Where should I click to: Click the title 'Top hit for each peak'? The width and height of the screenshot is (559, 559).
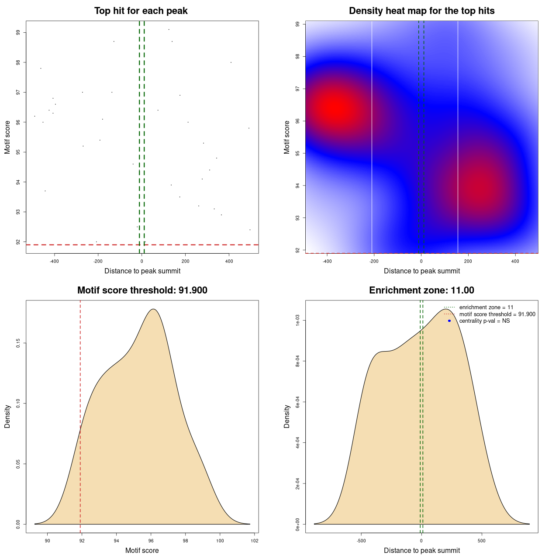click(141, 11)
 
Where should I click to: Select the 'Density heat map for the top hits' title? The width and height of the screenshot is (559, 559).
click(421, 11)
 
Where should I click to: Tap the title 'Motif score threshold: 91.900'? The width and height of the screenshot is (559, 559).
click(142, 290)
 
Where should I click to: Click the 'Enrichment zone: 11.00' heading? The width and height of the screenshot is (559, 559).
click(421, 290)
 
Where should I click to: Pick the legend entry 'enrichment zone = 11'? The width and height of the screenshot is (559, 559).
click(486, 307)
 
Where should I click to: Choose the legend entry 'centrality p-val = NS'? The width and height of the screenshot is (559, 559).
click(484, 321)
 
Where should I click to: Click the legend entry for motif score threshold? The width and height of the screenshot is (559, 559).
click(497, 314)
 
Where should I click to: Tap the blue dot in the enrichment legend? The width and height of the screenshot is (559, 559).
click(449, 321)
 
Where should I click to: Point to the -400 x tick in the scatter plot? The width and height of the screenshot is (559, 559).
click(54, 261)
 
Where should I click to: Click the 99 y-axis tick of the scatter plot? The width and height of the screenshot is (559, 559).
click(18, 32)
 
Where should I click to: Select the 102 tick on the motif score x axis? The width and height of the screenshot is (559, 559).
click(254, 541)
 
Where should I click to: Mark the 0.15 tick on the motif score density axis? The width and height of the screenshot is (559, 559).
click(18, 344)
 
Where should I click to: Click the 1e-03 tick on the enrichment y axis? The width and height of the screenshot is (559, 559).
click(298, 321)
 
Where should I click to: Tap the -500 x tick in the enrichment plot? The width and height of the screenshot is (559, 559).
click(361, 541)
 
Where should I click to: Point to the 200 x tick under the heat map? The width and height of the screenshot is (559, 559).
click(468, 261)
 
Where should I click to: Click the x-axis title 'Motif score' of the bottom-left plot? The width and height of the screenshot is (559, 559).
click(142, 551)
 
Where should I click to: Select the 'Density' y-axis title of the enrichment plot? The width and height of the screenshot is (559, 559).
click(287, 416)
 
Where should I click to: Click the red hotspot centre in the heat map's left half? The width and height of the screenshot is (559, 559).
click(335, 108)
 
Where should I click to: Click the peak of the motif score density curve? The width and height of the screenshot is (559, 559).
click(153, 309)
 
